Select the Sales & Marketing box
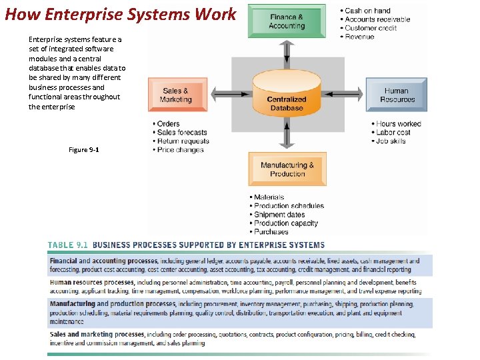pyautogui.click(x=176, y=95)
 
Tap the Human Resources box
pyautogui.click(x=397, y=95)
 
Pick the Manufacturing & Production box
pyautogui.click(x=287, y=169)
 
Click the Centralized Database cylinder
pyautogui.click(x=287, y=97)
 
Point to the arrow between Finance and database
pyautogui.click(x=287, y=53)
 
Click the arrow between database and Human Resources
pyautogui.click(x=352, y=96)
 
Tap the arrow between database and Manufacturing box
pyautogui.click(x=287, y=136)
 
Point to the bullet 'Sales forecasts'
pyautogui.click(x=182, y=133)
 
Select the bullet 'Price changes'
pyautogui.click(x=181, y=150)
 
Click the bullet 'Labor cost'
pyautogui.click(x=393, y=133)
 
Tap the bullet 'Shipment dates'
pyautogui.click(x=279, y=215)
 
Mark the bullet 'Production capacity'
pyautogui.click(x=286, y=223)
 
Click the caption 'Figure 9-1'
pyautogui.click(x=84, y=150)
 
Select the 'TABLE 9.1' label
pyautogui.click(x=68, y=245)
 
